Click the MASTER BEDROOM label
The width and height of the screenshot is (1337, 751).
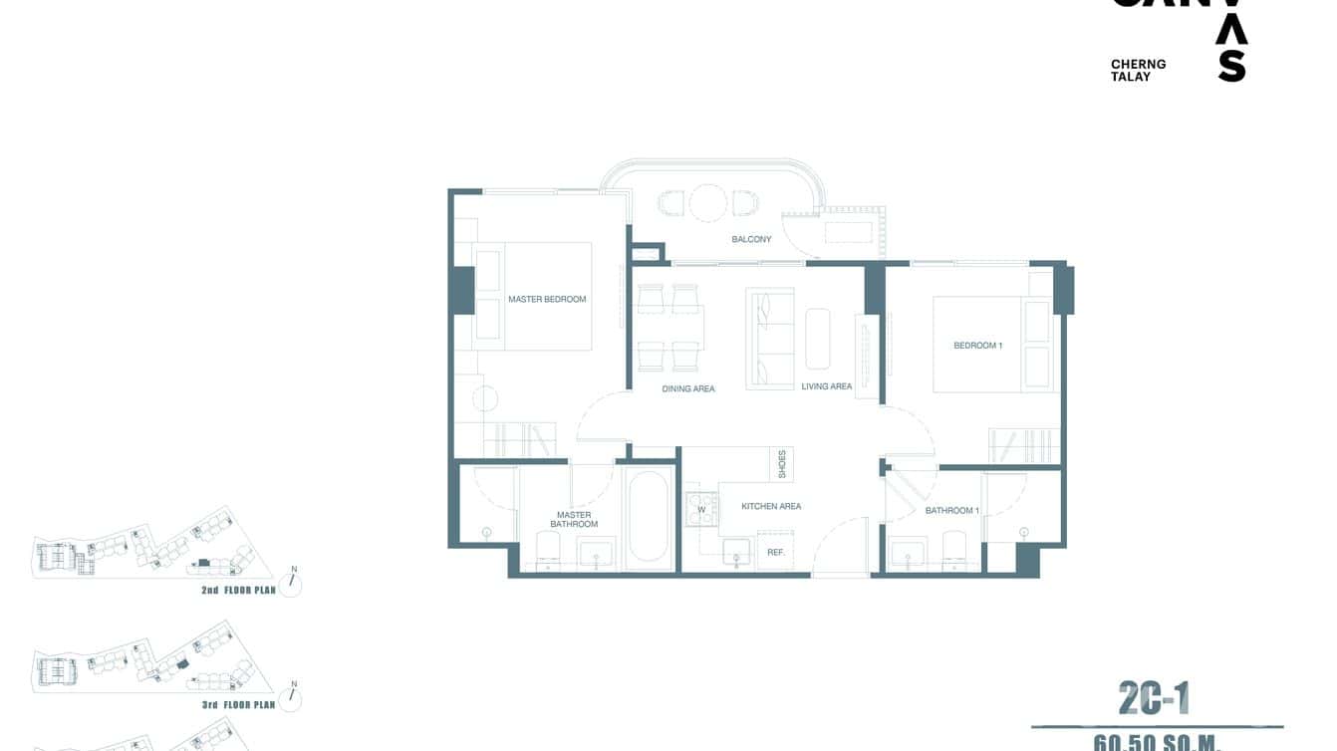547,299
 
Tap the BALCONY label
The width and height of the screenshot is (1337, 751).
751,239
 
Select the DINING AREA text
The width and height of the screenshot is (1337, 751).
688,388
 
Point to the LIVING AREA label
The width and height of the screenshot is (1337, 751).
827,386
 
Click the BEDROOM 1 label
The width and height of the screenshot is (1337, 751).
977,346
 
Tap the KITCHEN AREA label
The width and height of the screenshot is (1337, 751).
771,506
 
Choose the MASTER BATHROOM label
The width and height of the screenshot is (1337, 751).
574,520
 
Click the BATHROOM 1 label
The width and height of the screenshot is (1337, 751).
951,510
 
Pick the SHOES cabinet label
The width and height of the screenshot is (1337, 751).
782,463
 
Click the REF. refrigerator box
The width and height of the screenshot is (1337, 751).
775,552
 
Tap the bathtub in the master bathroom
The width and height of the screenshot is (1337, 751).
649,517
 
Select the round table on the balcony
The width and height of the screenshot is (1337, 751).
708,202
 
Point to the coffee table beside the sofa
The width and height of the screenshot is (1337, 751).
818,339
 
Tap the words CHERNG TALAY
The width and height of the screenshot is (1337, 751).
1138,70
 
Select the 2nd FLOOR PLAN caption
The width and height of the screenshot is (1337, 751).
237,591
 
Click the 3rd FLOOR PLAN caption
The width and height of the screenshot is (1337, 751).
237,705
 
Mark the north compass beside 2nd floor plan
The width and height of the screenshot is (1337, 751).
291,584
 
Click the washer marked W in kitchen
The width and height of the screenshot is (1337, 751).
701,509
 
